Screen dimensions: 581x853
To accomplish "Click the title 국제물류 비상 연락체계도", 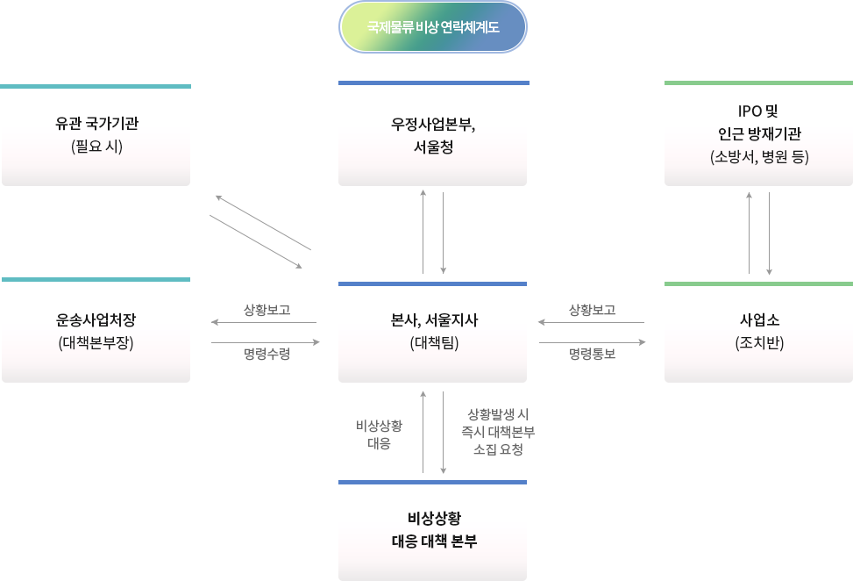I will (433, 27).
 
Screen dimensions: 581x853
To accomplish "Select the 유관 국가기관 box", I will (96, 135).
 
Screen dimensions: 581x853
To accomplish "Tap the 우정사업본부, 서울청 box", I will (433, 135).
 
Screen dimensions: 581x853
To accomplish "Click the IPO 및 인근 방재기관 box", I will (758, 135).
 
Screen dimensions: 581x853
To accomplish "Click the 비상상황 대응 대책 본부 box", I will (433, 530).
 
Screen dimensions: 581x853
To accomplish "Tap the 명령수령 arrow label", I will (267, 355).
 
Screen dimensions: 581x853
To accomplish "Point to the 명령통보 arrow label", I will (592, 355).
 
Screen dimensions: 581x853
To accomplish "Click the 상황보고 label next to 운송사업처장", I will (267, 310).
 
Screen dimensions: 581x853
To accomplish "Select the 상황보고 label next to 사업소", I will (592, 310).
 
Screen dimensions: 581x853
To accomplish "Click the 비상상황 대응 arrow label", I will (379, 434).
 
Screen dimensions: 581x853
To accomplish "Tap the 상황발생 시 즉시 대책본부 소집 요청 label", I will (497, 432).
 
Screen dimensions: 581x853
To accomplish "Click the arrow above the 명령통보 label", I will (592, 342).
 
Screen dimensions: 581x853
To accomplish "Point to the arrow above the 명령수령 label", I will (267, 342).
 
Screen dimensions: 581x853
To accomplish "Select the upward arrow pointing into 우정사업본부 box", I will (423, 232).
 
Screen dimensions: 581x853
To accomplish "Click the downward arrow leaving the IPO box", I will (769, 232).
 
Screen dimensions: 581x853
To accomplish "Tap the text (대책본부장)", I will (96, 343).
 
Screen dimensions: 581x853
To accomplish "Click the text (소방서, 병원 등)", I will (758, 158).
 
